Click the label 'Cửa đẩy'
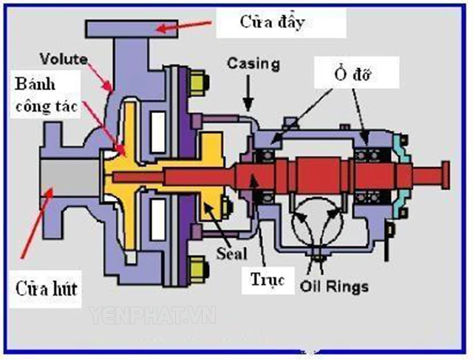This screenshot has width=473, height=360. [x=272, y=21]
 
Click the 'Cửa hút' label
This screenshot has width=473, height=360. [x=43, y=287]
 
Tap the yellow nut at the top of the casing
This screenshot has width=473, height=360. [x=197, y=79]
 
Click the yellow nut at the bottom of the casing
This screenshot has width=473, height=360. [x=197, y=265]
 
